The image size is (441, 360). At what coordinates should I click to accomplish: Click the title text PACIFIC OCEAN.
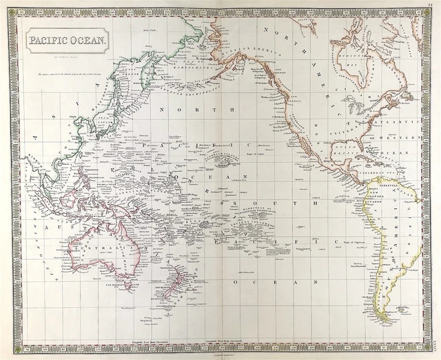[x=67, y=39]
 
